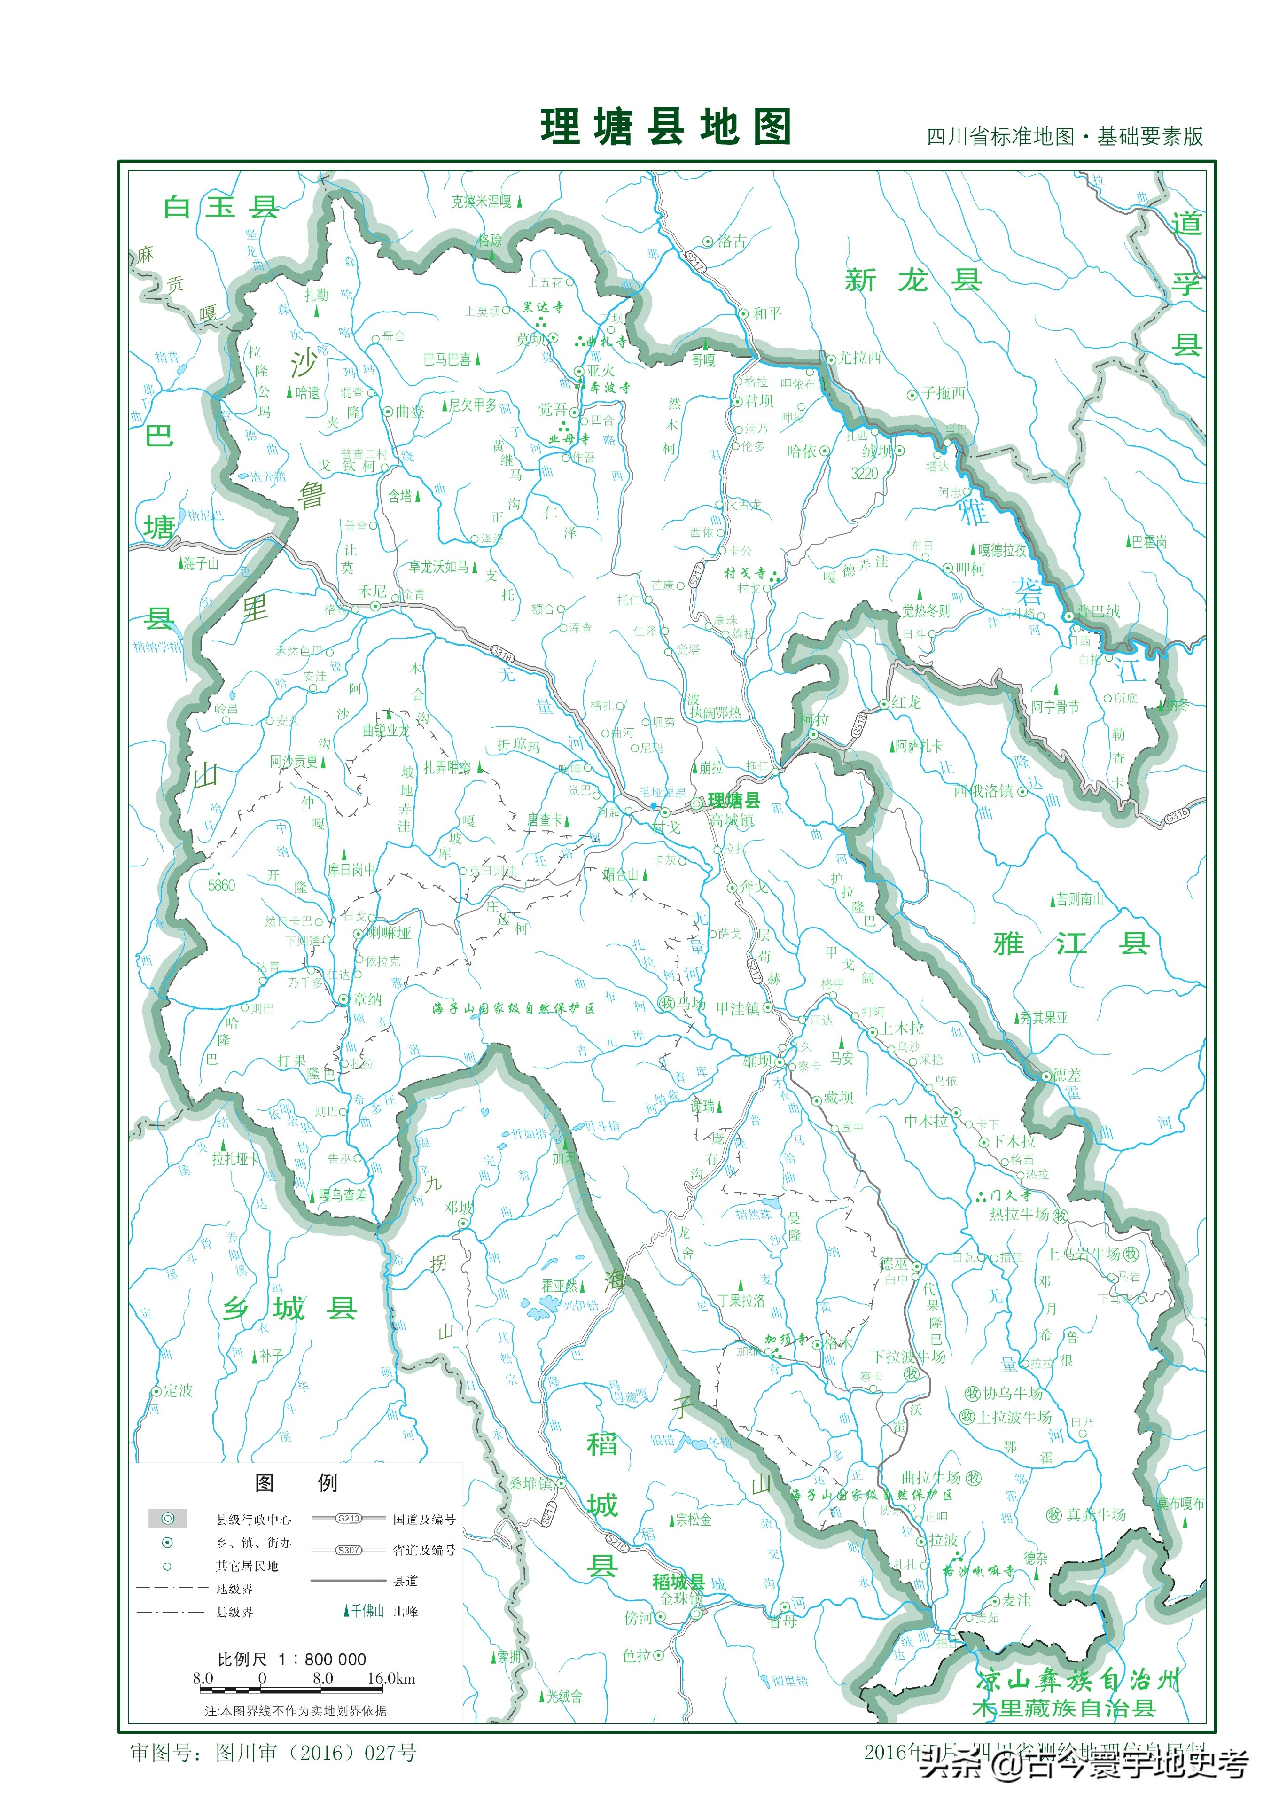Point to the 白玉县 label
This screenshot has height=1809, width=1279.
point(221,207)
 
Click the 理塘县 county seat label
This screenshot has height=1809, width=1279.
point(733,801)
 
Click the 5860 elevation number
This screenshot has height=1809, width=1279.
point(221,886)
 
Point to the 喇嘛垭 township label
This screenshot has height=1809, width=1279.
point(389,933)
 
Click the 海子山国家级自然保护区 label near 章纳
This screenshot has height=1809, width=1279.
point(513,1008)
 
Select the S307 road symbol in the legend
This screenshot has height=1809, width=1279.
point(348,1550)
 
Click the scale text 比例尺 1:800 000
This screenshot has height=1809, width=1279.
point(292,1659)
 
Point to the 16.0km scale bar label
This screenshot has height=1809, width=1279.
point(391,1678)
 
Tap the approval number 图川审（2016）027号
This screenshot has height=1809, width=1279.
point(273,1752)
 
